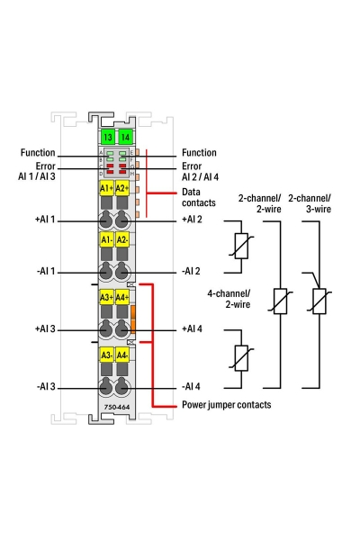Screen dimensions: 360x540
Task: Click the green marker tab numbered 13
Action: (x=107, y=137)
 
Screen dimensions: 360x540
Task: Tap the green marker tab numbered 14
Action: (x=125, y=137)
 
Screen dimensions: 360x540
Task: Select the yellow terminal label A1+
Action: (x=106, y=188)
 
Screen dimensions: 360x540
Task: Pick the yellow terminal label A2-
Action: (x=122, y=239)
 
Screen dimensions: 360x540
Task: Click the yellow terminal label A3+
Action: (x=106, y=297)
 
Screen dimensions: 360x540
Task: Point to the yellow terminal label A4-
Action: (x=122, y=355)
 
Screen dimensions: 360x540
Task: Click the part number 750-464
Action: (x=117, y=407)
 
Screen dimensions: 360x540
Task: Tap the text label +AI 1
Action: (x=45, y=220)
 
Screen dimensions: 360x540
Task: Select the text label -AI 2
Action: (x=191, y=271)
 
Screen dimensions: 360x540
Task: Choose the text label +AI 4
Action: (x=192, y=328)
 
